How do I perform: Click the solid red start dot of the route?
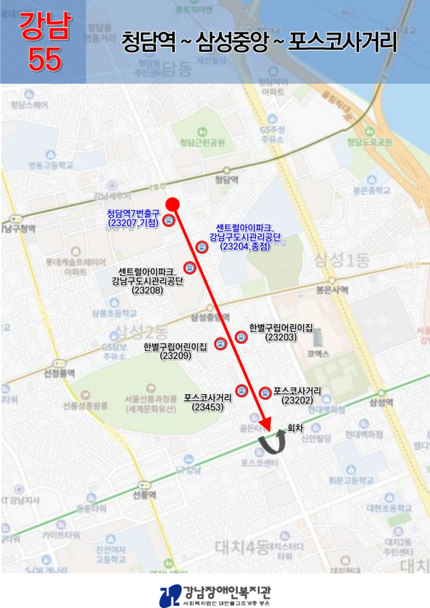point(172,204)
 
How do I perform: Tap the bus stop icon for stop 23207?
point(168,221)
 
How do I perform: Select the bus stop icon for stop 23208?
point(189,267)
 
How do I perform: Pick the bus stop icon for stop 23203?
point(241,336)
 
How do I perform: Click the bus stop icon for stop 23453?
point(241,391)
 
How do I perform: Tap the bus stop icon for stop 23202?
point(265,393)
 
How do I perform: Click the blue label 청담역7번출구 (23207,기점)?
point(133,218)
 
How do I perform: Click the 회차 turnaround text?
point(296,427)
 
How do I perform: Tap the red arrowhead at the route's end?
point(265,422)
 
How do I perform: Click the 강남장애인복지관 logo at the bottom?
point(215,594)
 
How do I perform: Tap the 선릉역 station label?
point(145,495)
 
